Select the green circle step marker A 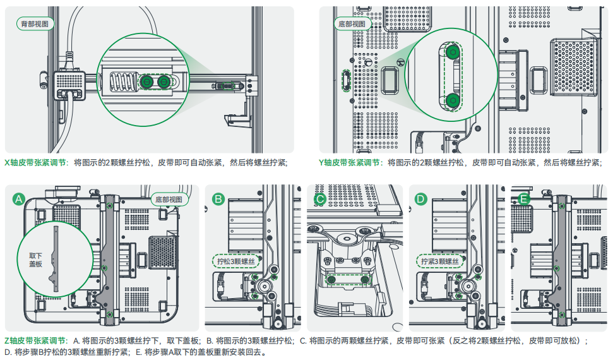(x=20, y=200)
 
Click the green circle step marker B (x=218, y=200)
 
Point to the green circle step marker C (x=320, y=200)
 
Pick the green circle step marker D (x=421, y=200)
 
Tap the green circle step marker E (x=523, y=200)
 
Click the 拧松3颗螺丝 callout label (x=235, y=261)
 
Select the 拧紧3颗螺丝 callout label (x=439, y=261)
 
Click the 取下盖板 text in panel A (x=36, y=260)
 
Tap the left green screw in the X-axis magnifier (x=146, y=81)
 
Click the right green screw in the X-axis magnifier (x=165, y=81)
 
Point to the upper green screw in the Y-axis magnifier (x=453, y=52)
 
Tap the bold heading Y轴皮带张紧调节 (x=350, y=162)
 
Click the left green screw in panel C (x=331, y=279)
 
